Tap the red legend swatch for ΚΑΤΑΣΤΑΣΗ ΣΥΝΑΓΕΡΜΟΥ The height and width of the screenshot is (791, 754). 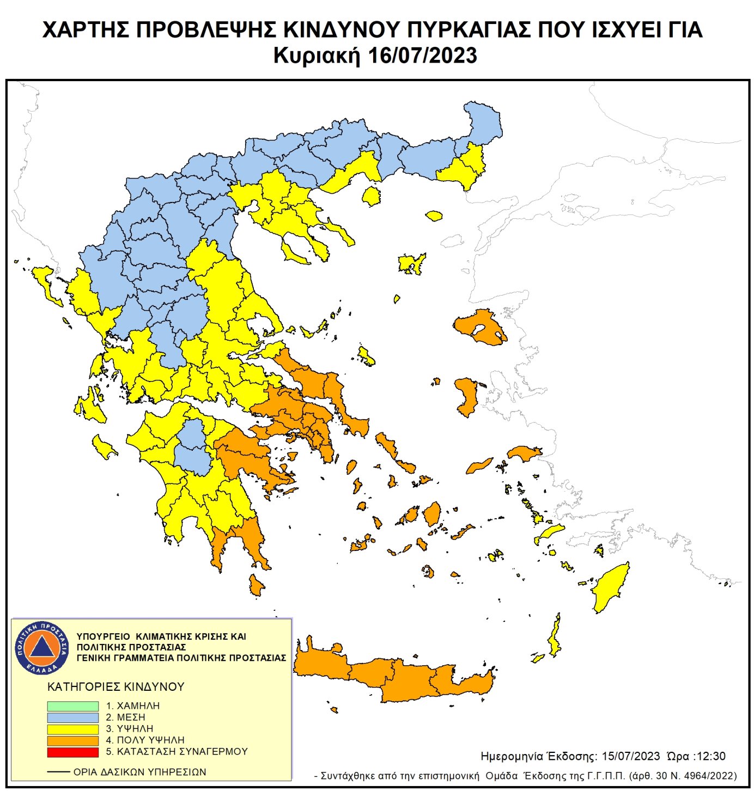(72, 752)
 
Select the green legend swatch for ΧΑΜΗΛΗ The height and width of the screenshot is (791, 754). (72, 706)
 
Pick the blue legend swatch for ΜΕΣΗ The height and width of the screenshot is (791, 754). (72, 718)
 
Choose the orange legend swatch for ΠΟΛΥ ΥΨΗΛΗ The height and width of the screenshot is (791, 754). (72, 740)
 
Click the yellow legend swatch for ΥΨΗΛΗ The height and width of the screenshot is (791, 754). (72, 729)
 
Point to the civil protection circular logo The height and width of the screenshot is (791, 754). (42, 647)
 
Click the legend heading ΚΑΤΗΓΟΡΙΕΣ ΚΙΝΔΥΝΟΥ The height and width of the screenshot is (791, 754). (115, 686)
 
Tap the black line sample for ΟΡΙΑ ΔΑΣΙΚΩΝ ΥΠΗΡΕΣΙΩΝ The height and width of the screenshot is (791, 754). (58, 772)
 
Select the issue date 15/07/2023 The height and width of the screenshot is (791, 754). (630, 756)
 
